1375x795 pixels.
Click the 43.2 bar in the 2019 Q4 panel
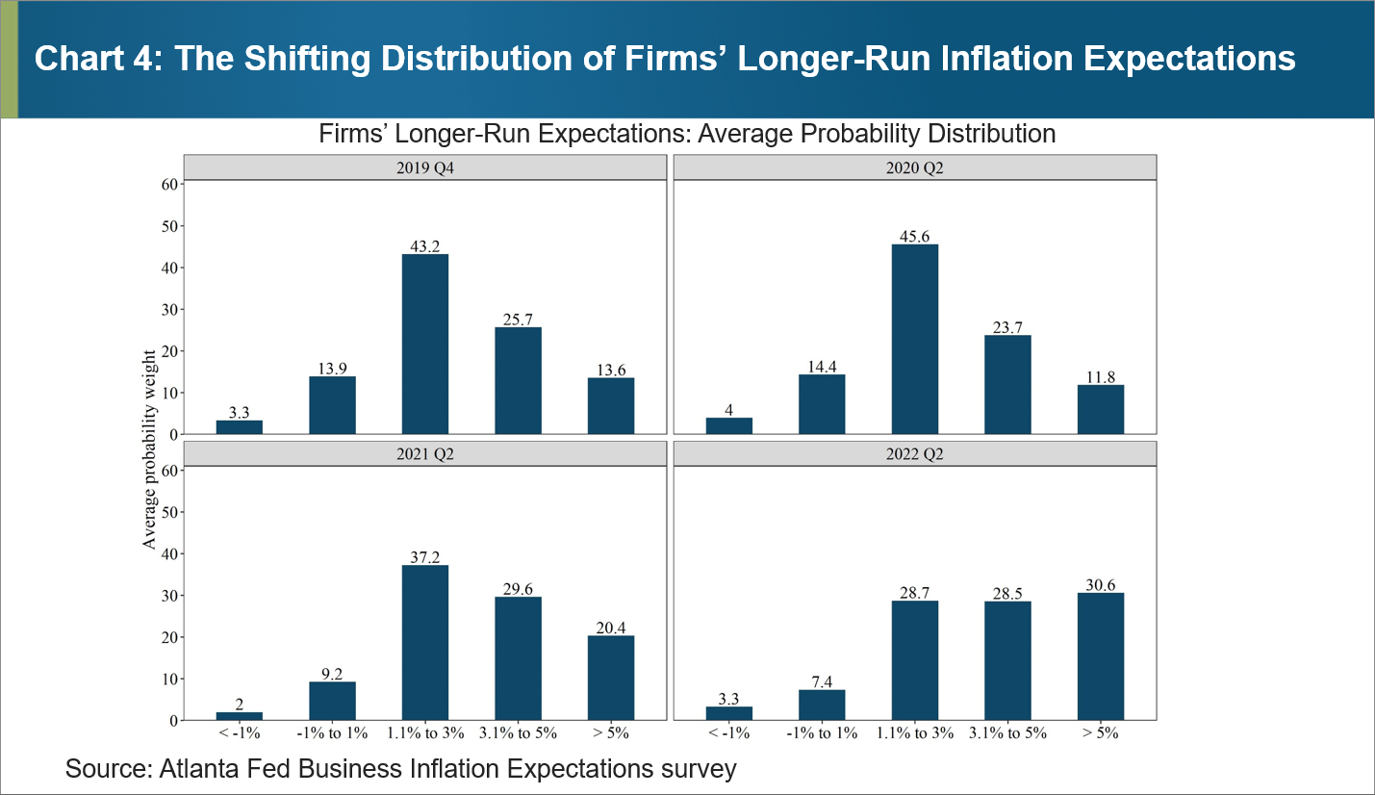point(425,344)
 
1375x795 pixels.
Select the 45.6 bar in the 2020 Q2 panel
point(915,339)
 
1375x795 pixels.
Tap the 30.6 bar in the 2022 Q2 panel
point(1101,656)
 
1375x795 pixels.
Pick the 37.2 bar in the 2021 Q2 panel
point(425,642)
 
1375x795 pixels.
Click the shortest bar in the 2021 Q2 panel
point(240,716)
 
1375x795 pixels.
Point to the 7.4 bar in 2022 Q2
point(822,705)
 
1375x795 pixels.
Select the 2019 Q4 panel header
point(425,167)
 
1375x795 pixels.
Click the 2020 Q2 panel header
point(915,167)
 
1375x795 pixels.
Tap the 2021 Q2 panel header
point(425,454)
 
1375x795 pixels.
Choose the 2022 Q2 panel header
point(915,454)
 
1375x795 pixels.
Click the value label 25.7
point(519,319)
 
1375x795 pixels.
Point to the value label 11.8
point(1101,376)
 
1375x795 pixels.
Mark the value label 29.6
point(519,588)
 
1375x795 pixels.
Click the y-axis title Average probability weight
point(149,449)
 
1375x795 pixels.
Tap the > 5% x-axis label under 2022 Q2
point(1101,733)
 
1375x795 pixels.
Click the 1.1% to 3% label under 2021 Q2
point(425,733)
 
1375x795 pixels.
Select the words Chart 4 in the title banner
point(89,59)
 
